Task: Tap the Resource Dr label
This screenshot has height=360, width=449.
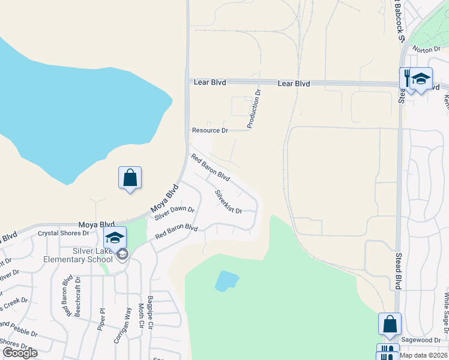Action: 210,130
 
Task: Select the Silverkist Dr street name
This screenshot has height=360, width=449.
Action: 228,202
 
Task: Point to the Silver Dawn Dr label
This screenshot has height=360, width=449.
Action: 174,212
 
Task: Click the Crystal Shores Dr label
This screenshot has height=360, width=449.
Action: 63,233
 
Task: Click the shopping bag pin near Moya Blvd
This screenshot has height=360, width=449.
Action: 130,178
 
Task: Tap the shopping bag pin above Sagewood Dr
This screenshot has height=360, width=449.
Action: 390,323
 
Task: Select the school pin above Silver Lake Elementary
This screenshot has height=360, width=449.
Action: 115,237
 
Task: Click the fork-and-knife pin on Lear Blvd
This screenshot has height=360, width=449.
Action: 408,78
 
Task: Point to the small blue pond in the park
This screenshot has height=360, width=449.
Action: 226,280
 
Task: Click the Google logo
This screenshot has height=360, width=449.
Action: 20,353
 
